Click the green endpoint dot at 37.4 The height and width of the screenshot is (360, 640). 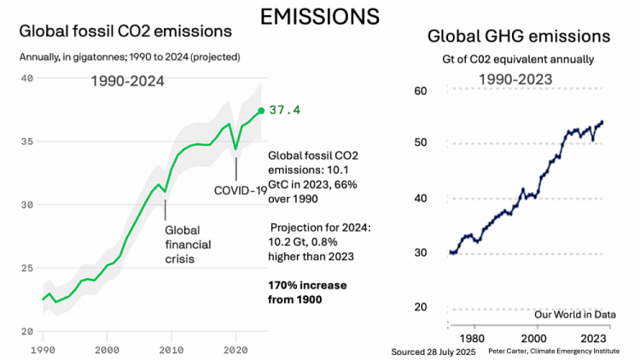(261, 110)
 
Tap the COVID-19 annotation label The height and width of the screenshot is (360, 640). (240, 189)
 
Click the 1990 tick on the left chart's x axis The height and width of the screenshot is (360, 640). (41, 350)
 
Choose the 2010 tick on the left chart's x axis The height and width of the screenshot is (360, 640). (171, 350)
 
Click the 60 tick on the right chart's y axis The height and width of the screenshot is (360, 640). (420, 90)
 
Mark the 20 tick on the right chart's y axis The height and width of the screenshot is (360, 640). (420, 307)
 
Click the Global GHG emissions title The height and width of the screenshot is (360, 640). (518, 37)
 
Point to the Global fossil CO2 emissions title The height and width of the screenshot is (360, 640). (125, 32)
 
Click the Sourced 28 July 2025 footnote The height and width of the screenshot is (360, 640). (433, 351)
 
